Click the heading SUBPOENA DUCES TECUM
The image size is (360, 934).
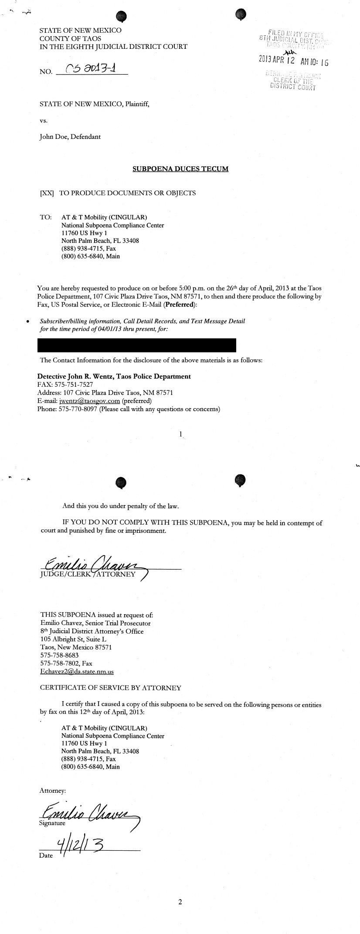(180, 169)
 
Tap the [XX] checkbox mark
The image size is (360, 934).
(47, 193)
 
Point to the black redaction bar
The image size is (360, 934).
(137, 345)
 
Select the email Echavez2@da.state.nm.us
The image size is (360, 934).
(77, 672)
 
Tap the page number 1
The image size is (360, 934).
(180, 434)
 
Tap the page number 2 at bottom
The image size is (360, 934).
(180, 902)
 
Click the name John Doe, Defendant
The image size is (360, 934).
(70, 136)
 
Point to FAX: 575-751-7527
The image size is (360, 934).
(65, 384)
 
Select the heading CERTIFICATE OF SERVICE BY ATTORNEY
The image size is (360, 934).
(110, 688)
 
